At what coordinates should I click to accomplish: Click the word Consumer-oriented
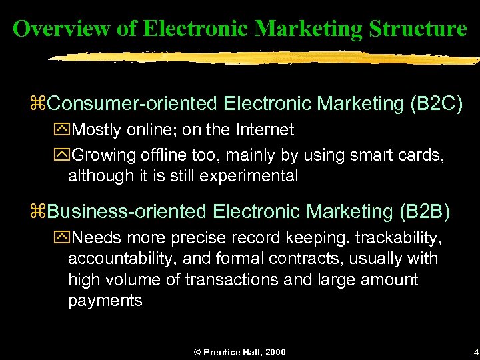[133, 104]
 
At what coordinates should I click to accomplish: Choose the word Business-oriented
[127, 211]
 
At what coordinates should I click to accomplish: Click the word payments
[105, 300]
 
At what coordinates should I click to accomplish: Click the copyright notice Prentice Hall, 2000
[239, 351]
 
